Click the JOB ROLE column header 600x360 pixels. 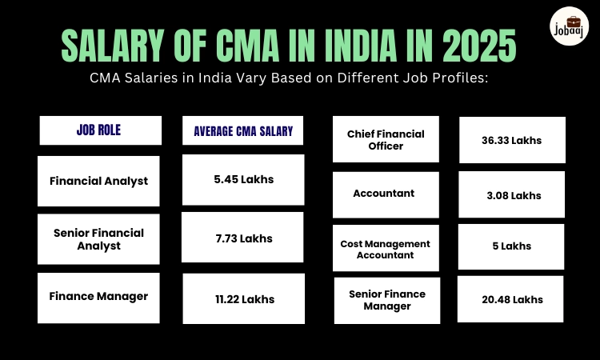pyautogui.click(x=99, y=130)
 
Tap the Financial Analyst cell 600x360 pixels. pyautogui.click(x=99, y=181)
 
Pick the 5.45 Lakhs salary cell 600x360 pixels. pyautogui.click(x=243, y=179)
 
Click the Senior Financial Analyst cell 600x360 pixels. pyautogui.click(x=99, y=239)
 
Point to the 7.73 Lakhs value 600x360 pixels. pyautogui.click(x=242, y=238)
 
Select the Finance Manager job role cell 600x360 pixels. pyautogui.click(x=99, y=297)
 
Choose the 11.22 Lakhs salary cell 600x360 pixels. pyautogui.click(x=243, y=298)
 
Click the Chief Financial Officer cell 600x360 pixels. pyautogui.click(x=386, y=140)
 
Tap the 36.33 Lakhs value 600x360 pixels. pyautogui.click(x=512, y=140)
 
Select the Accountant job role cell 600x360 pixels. pyautogui.click(x=386, y=194)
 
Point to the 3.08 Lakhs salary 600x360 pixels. pyautogui.click(x=512, y=195)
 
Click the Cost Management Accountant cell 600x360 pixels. pyautogui.click(x=386, y=249)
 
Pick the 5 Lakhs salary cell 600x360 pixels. pyautogui.click(x=512, y=246)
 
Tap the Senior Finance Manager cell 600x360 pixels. pyautogui.click(x=386, y=300)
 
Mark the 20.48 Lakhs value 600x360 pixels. pyautogui.click(x=512, y=299)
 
